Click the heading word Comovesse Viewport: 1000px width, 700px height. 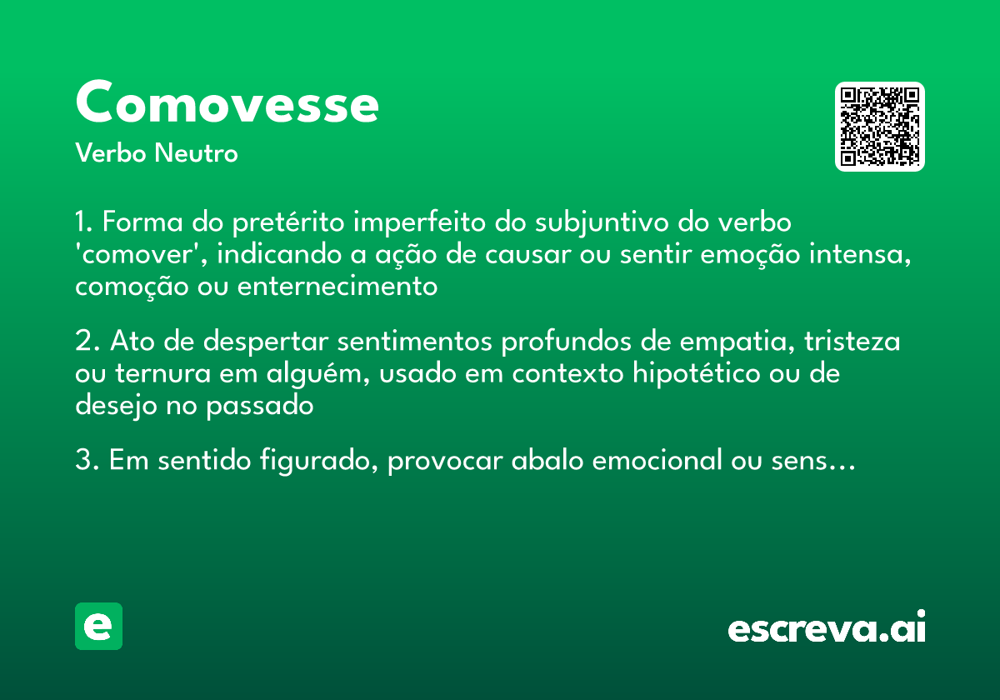[x=227, y=103]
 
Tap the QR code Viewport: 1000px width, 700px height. [x=880, y=127]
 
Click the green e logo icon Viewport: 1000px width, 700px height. [x=98, y=626]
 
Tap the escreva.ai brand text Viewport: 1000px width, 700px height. [x=827, y=628]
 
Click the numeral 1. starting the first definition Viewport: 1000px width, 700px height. [x=85, y=223]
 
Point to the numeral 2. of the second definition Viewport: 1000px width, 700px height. [x=87, y=342]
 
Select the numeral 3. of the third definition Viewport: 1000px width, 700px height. [x=87, y=461]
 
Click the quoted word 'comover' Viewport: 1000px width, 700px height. [x=133, y=255]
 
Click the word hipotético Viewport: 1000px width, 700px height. [x=697, y=374]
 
